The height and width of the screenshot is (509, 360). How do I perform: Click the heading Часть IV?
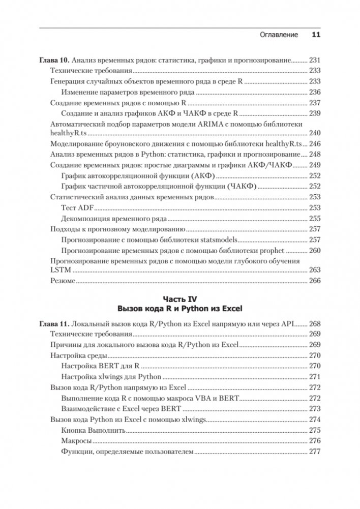pos(179,298)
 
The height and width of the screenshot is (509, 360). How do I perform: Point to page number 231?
pos(315,59)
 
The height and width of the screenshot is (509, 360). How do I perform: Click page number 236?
pos(315,92)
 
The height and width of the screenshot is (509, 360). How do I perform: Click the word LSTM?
pos(60,270)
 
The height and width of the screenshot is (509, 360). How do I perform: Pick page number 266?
pos(315,280)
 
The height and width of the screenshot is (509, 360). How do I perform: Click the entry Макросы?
pos(76,440)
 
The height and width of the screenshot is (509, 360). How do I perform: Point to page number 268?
pos(315,323)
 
